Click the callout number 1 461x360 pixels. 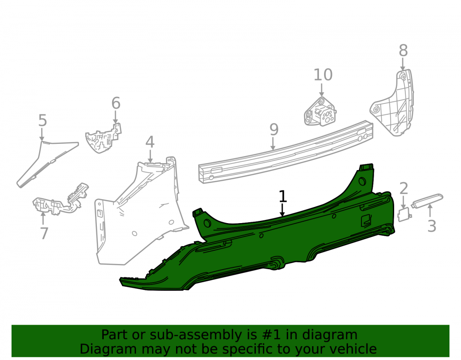coord(283,196)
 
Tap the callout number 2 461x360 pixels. coord(404,189)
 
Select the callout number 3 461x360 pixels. coord(431,226)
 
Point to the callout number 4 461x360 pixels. coord(150,142)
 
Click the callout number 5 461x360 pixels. coord(42,120)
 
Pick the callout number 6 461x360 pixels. coord(116,103)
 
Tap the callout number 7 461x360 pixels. coord(44,233)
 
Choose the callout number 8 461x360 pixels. coord(403,51)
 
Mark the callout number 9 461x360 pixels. coord(274,130)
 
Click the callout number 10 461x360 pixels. coord(323,75)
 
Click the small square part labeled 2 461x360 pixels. coord(404,214)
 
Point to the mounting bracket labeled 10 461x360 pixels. coord(320,112)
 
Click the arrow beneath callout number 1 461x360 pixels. coord(282,210)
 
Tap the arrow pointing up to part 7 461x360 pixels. coord(43,218)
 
